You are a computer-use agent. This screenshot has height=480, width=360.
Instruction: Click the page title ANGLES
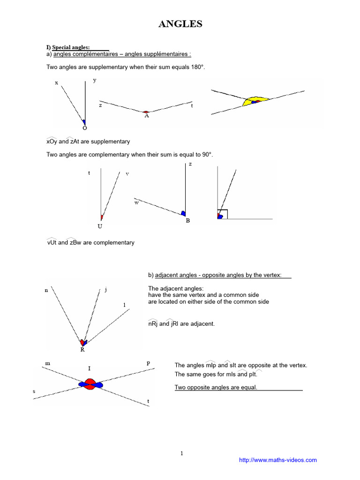pos(180,24)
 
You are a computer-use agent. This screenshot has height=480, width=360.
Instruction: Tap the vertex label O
pos(84,128)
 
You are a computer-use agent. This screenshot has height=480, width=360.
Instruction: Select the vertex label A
pos(147,115)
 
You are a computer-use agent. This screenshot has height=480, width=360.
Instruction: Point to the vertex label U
pos(100,226)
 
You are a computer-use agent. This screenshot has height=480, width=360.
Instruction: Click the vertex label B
pos(187,220)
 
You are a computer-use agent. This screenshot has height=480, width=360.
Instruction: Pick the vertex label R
pos(82,350)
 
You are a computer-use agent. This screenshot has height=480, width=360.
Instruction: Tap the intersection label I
pos(89,369)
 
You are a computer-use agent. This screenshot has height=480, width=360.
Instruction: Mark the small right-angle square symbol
pos(223,214)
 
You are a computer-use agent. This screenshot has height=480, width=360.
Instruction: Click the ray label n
pos(46,291)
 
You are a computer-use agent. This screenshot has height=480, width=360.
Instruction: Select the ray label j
pos(106,289)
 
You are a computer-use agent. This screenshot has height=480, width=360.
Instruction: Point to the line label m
pos(47,363)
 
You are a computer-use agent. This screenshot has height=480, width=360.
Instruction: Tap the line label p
pos(148,363)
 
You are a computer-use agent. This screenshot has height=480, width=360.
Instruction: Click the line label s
pos(34,390)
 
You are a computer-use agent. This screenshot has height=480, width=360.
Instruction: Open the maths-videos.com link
pos(278,460)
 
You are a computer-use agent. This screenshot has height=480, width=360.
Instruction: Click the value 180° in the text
pos(198,67)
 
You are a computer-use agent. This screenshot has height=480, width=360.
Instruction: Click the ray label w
pos(137,203)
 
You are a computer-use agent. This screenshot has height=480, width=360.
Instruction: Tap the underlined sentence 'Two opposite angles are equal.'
pos(216,387)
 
